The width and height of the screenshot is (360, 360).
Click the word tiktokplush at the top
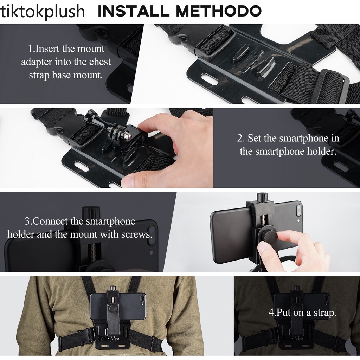tap(43, 12)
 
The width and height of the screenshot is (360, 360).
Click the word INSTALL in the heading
tap(133, 11)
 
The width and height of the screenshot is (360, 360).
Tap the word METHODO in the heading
tap(219, 11)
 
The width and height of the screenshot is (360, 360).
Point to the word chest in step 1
tap(100, 62)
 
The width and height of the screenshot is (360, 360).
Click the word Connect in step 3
tap(50, 221)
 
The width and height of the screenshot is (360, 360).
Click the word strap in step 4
tap(323, 313)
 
